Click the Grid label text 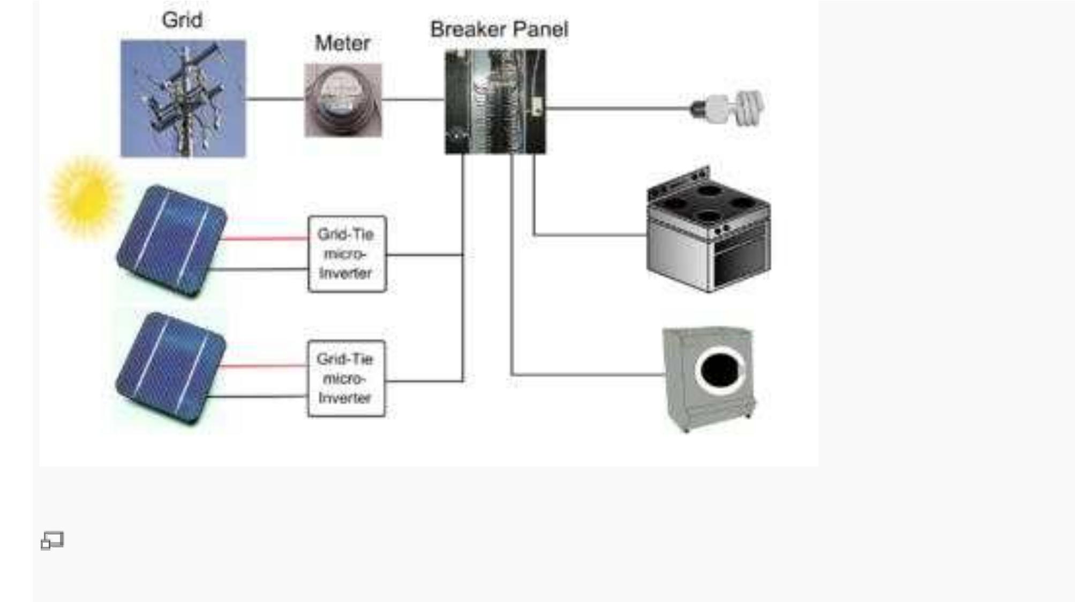tap(182, 20)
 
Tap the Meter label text tap(342, 43)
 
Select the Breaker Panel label tap(499, 29)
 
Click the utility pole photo tap(183, 99)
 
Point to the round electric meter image tap(343, 101)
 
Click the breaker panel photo tap(495, 102)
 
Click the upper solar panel tap(171, 241)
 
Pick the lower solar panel tap(170, 368)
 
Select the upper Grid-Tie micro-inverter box tap(347, 254)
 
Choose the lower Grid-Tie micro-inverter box tap(346, 379)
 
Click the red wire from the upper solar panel tap(266, 238)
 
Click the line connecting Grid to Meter tap(275, 99)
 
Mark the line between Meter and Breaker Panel tap(413, 99)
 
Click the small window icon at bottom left tap(52, 540)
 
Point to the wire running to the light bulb tap(616, 108)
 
